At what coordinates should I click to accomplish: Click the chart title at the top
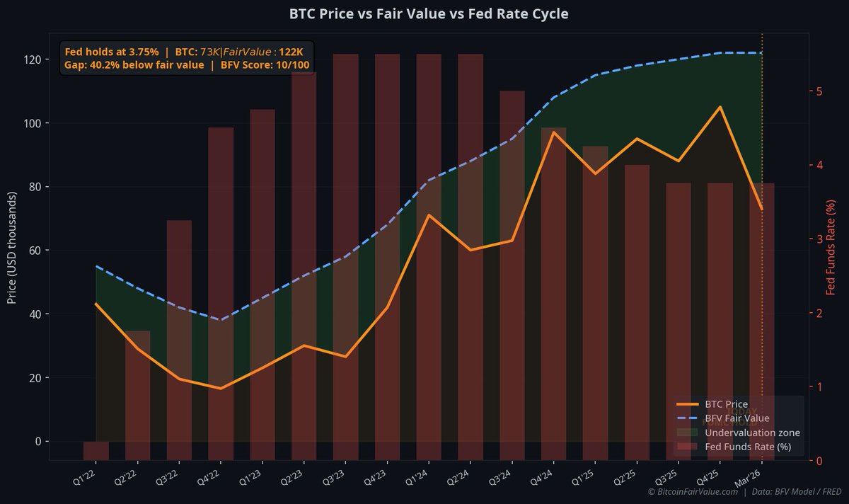tap(428, 14)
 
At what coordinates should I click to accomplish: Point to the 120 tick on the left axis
tap(33, 59)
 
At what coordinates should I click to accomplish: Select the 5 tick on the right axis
tap(819, 91)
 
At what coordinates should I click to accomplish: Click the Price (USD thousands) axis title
tap(12, 246)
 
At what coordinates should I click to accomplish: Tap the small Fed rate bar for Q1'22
tap(96, 450)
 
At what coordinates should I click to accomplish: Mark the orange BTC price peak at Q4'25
tap(720, 107)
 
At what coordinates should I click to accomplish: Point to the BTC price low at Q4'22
tap(221, 388)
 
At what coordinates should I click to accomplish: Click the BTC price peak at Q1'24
tap(429, 215)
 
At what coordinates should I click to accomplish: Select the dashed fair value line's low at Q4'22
tap(221, 320)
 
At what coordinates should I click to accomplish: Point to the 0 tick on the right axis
tap(819, 461)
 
